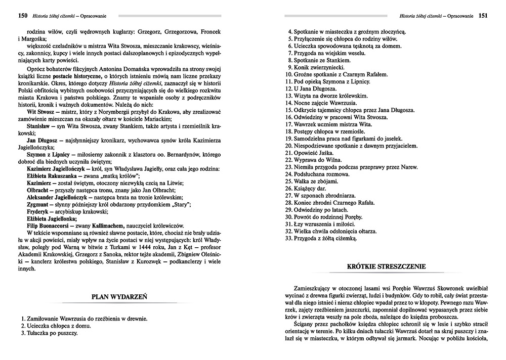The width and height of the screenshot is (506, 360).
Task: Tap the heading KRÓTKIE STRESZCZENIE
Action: pos(386,266)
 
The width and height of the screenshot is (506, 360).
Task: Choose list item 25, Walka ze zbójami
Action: pos(311,181)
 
